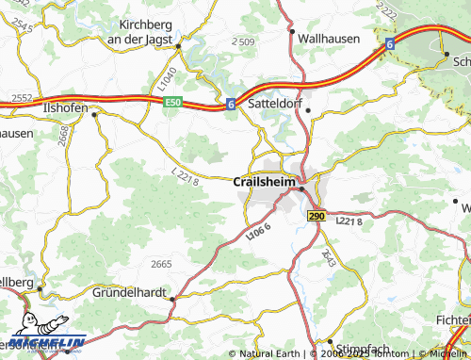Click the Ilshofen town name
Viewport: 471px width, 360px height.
tap(66, 108)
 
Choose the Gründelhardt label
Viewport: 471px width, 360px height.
tap(131, 293)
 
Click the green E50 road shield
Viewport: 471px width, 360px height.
tap(171, 103)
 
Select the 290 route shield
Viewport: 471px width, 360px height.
tap(315, 216)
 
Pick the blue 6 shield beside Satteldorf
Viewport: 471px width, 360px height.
tap(230, 104)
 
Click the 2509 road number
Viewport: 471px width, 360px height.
tap(243, 42)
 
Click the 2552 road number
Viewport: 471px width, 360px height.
tap(22, 98)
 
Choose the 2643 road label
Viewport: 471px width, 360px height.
tap(326, 254)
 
